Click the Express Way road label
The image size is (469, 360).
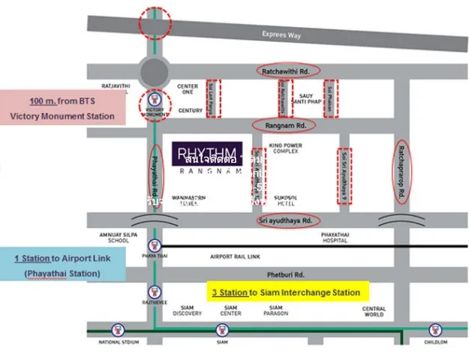pyautogui.click(x=281, y=34)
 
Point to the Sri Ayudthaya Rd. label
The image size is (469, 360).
pyautogui.click(x=287, y=220)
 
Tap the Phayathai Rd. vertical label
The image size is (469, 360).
pyautogui.click(x=155, y=172)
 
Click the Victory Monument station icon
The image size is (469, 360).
pyautogui.click(x=155, y=100)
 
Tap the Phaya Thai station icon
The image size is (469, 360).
pyautogui.click(x=155, y=244)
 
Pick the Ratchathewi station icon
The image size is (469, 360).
pyautogui.click(x=155, y=291)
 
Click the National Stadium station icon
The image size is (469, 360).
pyautogui.click(x=118, y=329)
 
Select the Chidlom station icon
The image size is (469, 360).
pyautogui.click(x=434, y=329)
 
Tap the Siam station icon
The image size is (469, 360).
pyautogui.click(x=222, y=329)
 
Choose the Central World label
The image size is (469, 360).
pyautogui.click(x=374, y=312)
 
